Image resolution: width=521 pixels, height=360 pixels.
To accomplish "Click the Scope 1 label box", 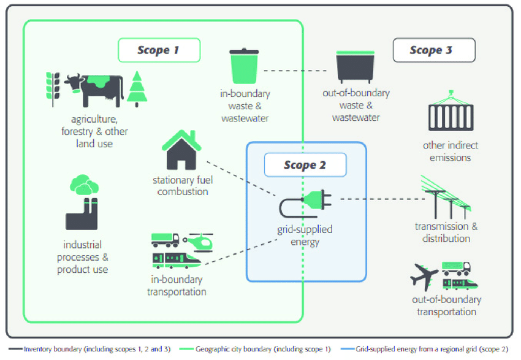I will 159,50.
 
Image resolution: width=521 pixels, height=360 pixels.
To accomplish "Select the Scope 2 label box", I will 305,165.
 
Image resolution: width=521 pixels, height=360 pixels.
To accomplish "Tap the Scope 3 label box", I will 433,50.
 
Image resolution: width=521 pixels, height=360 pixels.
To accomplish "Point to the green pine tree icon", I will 137,90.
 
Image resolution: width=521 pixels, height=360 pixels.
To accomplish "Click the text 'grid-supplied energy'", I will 305,236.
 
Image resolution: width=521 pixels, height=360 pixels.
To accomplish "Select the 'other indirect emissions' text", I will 451,151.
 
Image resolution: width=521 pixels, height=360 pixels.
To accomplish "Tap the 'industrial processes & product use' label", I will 83,257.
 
